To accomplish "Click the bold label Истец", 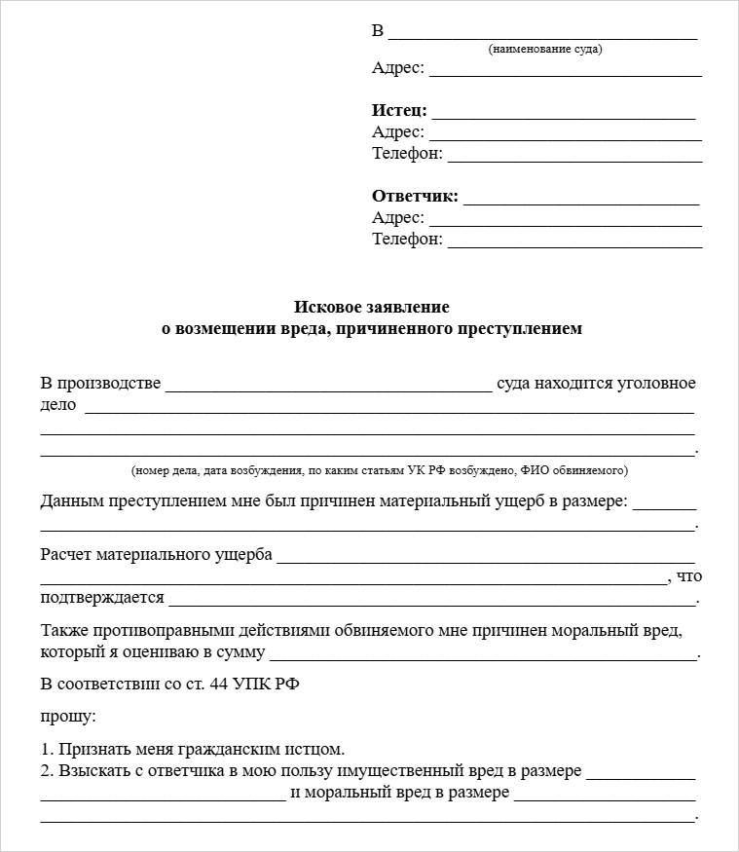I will (x=398, y=111).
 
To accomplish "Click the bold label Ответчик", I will (x=414, y=197).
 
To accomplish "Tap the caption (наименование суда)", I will (x=544, y=50).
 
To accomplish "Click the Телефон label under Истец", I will (x=406, y=154).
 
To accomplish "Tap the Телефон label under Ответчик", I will (x=406, y=240).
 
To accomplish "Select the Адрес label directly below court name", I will (x=397, y=68).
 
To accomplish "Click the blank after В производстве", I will (x=328, y=387).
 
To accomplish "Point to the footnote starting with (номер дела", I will (x=380, y=470).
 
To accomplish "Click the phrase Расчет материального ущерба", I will (x=156, y=555).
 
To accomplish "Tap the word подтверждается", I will (x=102, y=597).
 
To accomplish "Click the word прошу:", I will (x=68, y=717).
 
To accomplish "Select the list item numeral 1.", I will (x=46, y=750).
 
